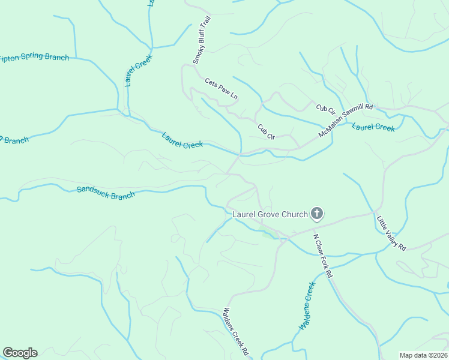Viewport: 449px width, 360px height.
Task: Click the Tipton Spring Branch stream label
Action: [34, 58]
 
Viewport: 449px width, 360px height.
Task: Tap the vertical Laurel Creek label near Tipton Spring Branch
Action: [139, 71]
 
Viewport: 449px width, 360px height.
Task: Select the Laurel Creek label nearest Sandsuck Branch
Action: [182, 140]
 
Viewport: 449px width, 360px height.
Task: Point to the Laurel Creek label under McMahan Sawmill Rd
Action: [373, 127]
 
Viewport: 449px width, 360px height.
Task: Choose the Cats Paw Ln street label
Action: [221, 88]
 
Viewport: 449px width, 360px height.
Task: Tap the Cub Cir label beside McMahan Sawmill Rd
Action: [325, 109]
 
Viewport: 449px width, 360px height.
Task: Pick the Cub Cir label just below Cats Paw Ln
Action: [266, 131]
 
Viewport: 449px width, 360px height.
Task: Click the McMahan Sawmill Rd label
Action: [346, 120]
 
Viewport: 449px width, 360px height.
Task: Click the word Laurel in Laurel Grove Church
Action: [245, 214]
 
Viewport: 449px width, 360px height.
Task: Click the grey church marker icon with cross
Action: [317, 214]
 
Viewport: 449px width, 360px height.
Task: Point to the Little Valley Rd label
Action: [391, 233]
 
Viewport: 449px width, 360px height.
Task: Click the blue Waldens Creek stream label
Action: [307, 305]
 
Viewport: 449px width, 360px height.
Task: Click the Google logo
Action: [20, 352]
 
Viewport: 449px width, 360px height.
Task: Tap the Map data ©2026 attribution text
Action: [423, 355]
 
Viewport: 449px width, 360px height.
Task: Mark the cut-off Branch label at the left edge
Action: [14, 140]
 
